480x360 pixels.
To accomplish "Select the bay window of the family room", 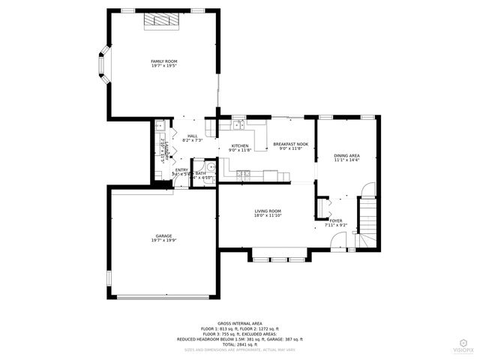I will (103, 65).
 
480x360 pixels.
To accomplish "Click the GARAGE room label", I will (163, 238).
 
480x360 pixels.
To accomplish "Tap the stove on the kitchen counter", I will (243, 175).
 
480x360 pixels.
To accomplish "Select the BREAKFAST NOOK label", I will (290, 145).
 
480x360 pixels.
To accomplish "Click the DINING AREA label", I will (346, 157).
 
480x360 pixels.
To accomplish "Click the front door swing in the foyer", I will (340, 240).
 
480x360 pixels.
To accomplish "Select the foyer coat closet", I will (323, 205).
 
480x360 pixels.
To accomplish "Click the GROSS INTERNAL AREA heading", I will (240, 323).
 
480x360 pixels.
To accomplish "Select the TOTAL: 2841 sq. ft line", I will (240, 343).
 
